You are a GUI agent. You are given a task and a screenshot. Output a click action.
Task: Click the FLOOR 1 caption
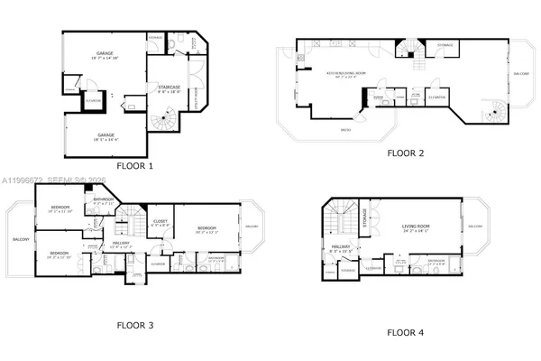click(134, 166)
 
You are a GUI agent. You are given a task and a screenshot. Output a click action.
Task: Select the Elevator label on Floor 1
click(93, 101)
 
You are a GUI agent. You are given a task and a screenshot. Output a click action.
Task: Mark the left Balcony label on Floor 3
click(20, 240)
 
